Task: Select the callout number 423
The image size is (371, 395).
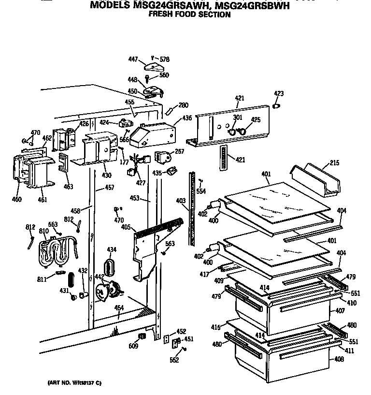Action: [x=279, y=93]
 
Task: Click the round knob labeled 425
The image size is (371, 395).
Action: [x=243, y=131]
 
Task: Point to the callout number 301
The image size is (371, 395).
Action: [x=237, y=117]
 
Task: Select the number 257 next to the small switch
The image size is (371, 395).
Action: [x=180, y=152]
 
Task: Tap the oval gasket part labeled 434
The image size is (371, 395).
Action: [x=111, y=266]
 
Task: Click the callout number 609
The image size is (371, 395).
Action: [x=133, y=346]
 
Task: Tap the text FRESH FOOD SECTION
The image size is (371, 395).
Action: [x=189, y=15]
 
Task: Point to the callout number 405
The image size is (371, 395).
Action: [x=126, y=227]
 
